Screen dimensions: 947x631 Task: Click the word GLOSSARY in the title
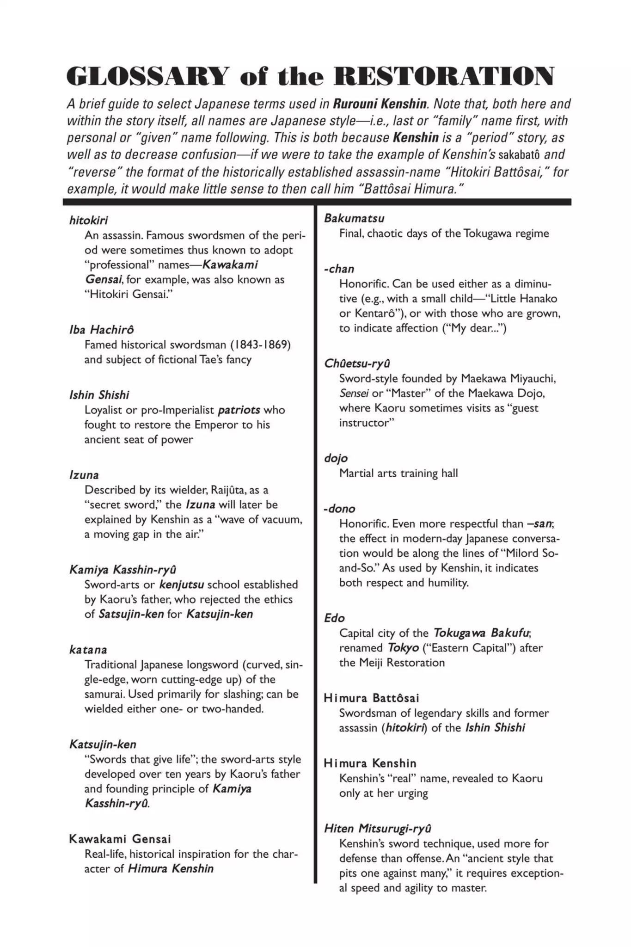[147, 76]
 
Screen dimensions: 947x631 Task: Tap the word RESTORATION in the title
[443, 76]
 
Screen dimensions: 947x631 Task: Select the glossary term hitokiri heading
[88, 220]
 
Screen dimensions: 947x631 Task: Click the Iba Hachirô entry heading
[102, 330]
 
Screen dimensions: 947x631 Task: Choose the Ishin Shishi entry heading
[99, 395]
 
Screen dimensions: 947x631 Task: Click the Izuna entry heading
[84, 475]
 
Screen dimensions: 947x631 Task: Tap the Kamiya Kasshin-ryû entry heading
[123, 569]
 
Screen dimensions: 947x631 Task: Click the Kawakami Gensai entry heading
[120, 839]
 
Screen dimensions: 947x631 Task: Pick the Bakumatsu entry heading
[354, 218]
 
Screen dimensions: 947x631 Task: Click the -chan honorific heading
[339, 269]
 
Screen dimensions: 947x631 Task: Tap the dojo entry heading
[336, 458]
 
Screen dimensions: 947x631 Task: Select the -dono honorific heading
[339, 509]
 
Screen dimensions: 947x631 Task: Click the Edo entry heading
[334, 618]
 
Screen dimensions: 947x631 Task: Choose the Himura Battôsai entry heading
[371, 698]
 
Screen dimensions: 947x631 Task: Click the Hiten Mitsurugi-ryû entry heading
[378, 828]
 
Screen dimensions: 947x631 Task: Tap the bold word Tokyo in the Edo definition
[403, 648]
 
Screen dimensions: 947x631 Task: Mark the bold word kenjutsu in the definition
[182, 584]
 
